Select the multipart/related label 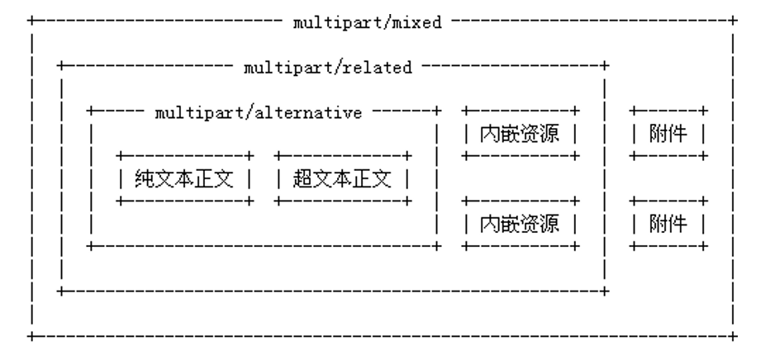[x=327, y=68]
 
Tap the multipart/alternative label [x=259, y=113]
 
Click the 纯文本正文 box [x=185, y=178]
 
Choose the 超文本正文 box [x=343, y=178]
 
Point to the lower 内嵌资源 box [x=520, y=223]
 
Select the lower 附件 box [x=668, y=223]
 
